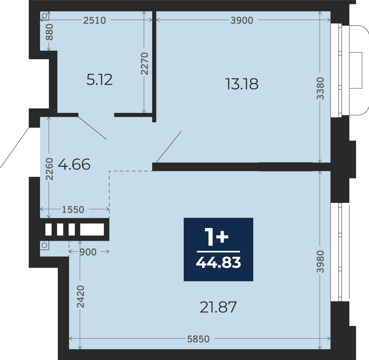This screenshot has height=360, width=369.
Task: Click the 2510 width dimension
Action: pos(94,20)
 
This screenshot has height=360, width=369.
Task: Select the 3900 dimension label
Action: pos(242,20)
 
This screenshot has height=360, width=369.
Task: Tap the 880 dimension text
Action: pos(49,32)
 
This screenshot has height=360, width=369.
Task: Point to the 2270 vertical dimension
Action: pos(144,64)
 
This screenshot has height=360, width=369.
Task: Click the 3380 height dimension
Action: pos(320,88)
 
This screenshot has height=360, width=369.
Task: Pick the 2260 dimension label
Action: pos(49,169)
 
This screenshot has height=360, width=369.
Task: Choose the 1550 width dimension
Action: pos(73,210)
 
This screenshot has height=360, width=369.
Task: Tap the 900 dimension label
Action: pos(88,252)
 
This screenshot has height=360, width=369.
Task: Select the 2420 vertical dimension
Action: pos(80,296)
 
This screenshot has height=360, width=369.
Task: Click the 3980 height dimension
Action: pos(320,262)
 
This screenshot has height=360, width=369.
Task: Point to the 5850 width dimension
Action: pos(198,339)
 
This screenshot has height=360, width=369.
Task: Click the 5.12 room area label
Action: pos(99,80)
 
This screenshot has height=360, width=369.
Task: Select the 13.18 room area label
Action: pos(242,84)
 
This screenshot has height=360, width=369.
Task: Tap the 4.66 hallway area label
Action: pos(74,164)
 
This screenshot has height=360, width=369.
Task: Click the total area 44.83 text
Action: pos(218,263)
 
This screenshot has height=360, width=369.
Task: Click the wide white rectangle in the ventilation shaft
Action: pos(92,229)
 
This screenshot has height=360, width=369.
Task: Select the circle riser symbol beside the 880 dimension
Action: pos(44,16)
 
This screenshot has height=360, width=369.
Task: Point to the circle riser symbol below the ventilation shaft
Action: pos(44,245)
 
